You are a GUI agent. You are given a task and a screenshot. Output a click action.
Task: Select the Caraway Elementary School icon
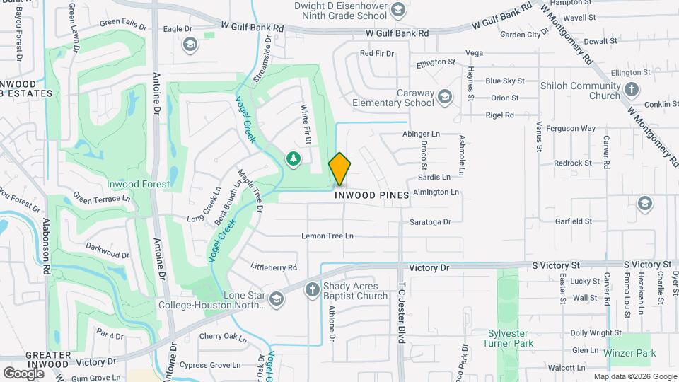tap(445, 97)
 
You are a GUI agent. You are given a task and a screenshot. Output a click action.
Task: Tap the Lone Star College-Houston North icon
tap(276, 300)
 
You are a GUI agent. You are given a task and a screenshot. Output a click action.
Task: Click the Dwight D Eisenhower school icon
tap(398, 9)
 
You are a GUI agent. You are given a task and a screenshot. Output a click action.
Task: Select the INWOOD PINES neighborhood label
tap(371, 195)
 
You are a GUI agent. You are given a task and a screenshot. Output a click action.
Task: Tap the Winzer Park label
tap(630, 353)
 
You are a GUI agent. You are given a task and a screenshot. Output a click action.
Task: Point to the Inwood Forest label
tap(138, 185)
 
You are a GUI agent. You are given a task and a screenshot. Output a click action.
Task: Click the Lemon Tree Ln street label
tap(327, 236)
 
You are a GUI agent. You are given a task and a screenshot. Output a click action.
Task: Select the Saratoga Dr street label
tap(430, 222)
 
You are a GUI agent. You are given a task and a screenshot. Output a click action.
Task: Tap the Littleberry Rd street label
tap(274, 267)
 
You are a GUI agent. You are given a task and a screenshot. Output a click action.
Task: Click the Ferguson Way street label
tap(574, 129)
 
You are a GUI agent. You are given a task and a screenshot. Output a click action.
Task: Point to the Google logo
tap(23, 373)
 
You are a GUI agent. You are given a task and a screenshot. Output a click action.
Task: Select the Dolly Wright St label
tap(588, 332)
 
